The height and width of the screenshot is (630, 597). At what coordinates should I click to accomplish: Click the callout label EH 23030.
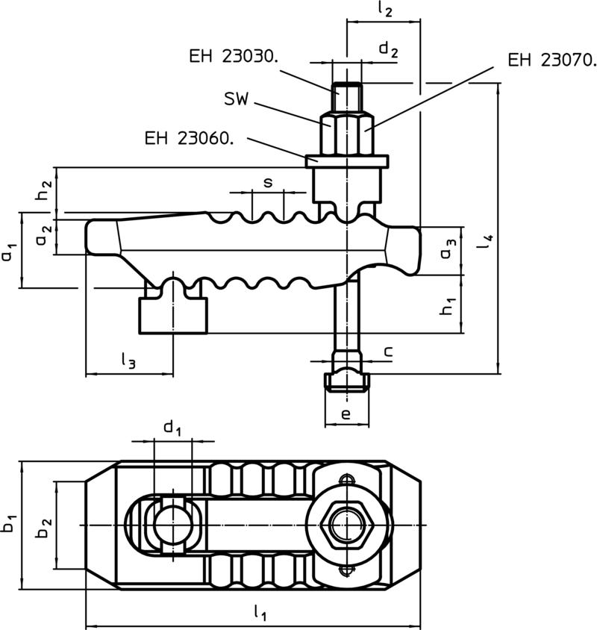coord(234,57)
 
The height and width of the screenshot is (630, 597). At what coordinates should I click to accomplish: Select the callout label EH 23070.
coord(552,60)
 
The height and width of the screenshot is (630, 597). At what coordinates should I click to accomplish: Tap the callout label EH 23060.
coord(190,139)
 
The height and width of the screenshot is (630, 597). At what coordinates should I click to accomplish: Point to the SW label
coord(237,99)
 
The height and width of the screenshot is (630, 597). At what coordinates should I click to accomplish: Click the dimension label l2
coord(385,10)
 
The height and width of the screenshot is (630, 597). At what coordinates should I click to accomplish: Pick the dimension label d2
coord(389,50)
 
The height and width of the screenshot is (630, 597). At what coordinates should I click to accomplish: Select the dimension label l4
coord(487,240)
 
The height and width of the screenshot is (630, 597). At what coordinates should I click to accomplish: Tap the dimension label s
coord(268,183)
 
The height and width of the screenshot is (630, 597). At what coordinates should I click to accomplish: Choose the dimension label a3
coord(448,249)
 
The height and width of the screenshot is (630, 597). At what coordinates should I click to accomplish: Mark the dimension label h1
coord(448,306)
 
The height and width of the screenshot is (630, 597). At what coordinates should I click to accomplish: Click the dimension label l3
coord(128,359)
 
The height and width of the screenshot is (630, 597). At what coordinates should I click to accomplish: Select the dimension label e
coord(346,414)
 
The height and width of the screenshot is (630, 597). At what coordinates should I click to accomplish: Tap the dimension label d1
coord(172,428)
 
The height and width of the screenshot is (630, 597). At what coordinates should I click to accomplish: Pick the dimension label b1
coord(10,523)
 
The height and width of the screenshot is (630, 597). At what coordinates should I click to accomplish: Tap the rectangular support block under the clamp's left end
coord(173,316)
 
